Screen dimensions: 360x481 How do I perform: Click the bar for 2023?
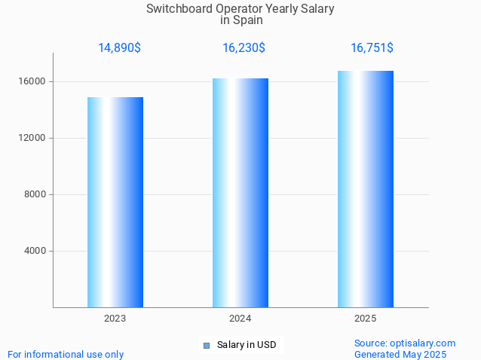115,202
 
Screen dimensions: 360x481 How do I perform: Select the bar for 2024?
240,193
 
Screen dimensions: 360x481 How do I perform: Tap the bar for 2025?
366,189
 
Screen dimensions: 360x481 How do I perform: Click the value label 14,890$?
119,48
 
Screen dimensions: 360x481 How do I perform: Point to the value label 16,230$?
244,48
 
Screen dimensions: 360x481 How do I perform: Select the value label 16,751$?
372,48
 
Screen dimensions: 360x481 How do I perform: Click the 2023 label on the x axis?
115,319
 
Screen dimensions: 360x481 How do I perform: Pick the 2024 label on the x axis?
240,319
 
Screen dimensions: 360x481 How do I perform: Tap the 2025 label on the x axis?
366,319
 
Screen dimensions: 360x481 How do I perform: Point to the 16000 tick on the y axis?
32,81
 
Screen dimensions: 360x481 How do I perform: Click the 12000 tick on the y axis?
32,138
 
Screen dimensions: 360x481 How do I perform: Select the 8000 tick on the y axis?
34,194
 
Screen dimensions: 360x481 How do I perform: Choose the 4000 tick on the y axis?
34,251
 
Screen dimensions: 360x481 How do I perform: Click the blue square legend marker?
206,346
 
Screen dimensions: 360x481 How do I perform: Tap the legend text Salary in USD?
247,345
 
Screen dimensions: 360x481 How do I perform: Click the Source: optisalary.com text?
405,343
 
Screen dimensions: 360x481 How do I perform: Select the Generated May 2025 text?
400,354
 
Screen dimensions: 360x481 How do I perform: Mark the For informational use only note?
66,354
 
